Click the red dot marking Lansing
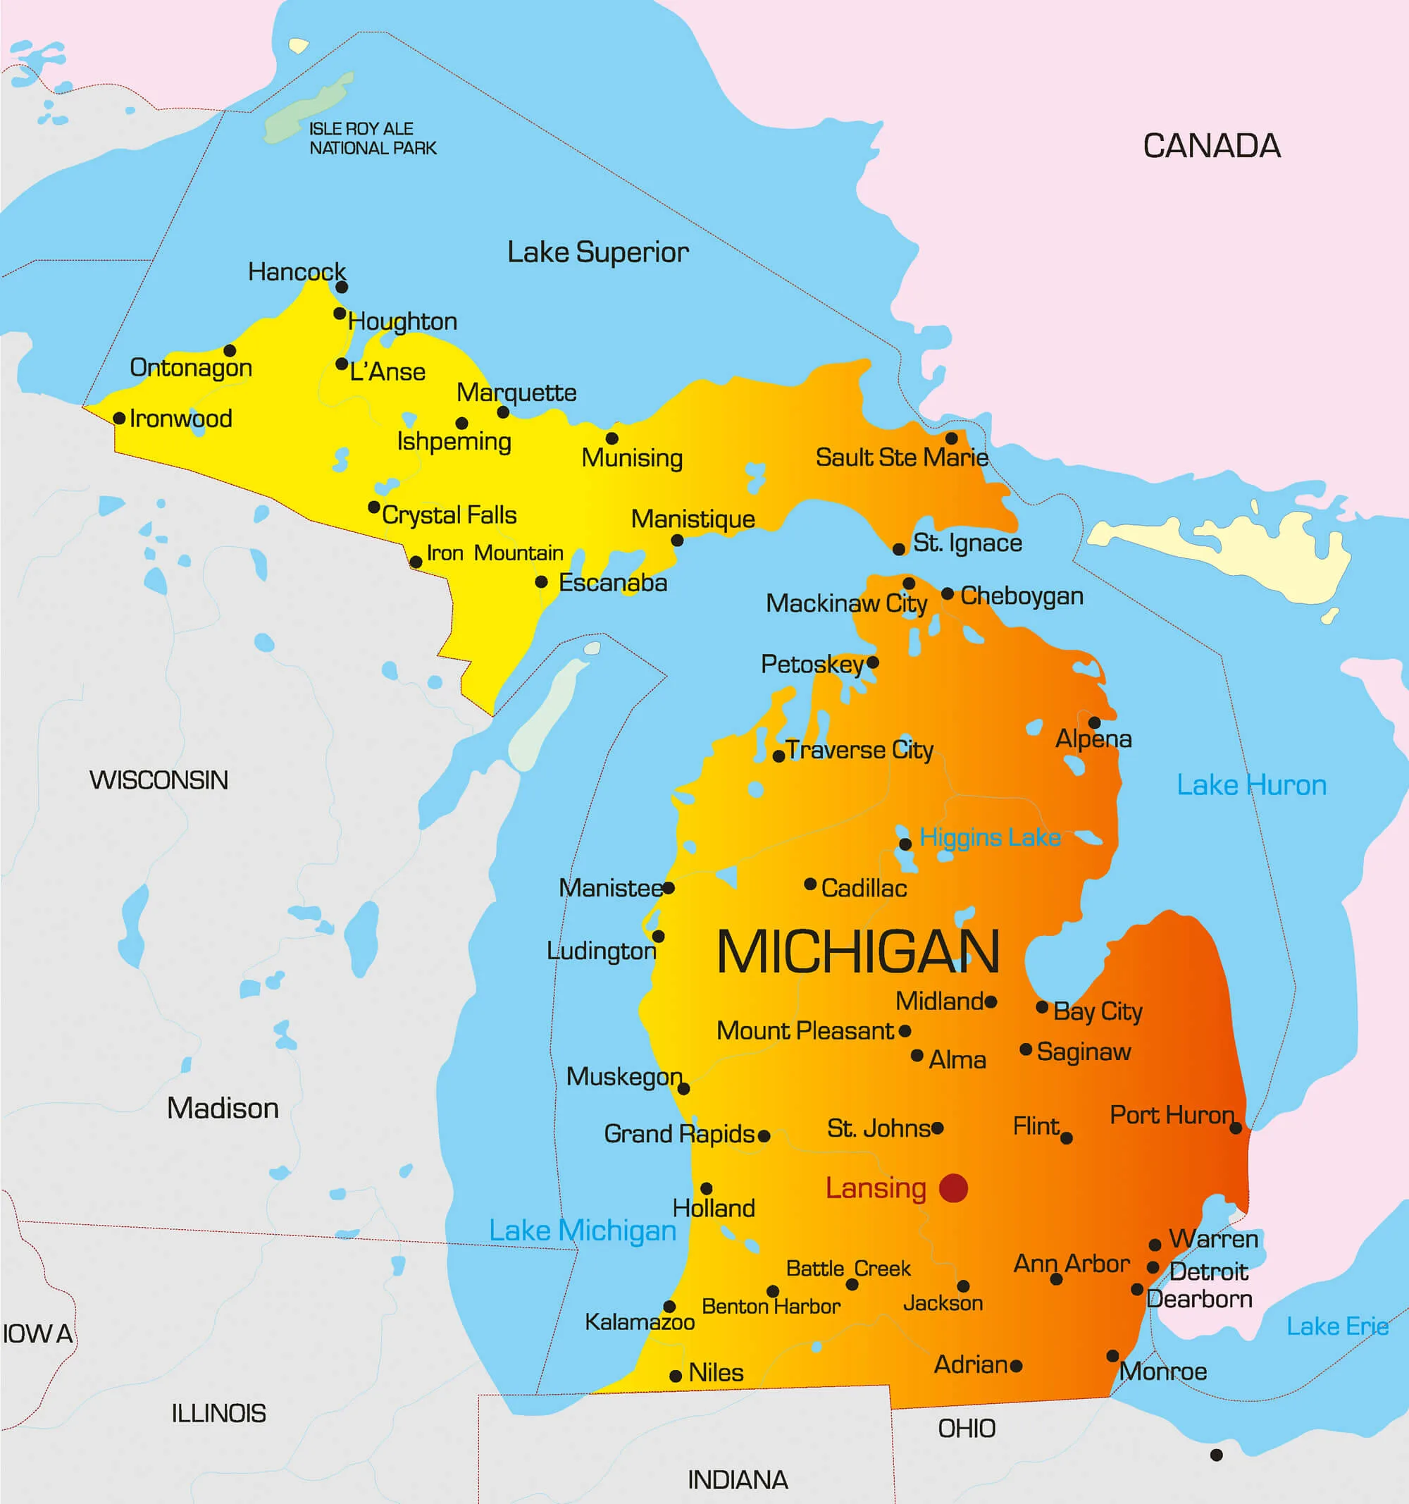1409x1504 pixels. pyautogui.click(x=953, y=1188)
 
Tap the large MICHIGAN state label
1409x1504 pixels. pyautogui.click(x=857, y=951)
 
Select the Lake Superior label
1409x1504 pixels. pyautogui.click(x=597, y=252)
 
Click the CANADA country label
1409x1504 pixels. pyautogui.click(x=1211, y=146)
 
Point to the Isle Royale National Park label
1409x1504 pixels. pyautogui.click(x=372, y=138)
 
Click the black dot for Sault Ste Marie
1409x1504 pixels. pyautogui.click(x=952, y=438)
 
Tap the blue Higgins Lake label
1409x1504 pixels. pyautogui.click(x=989, y=837)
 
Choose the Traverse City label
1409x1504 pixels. pyautogui.click(x=859, y=750)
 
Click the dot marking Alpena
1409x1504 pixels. pyautogui.click(x=1093, y=722)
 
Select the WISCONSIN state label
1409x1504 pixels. pyautogui.click(x=159, y=780)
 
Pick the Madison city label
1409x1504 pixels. pyautogui.click(x=223, y=1108)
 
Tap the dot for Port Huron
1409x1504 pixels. pyautogui.click(x=1235, y=1128)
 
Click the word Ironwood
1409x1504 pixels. pyautogui.click(x=181, y=419)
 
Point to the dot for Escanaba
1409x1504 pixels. pyautogui.click(x=541, y=581)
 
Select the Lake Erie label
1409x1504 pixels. pyautogui.click(x=1336, y=1326)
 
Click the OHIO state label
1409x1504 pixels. pyautogui.click(x=967, y=1429)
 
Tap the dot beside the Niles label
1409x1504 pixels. pyautogui.click(x=676, y=1376)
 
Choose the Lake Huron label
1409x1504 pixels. pyautogui.click(x=1251, y=784)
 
